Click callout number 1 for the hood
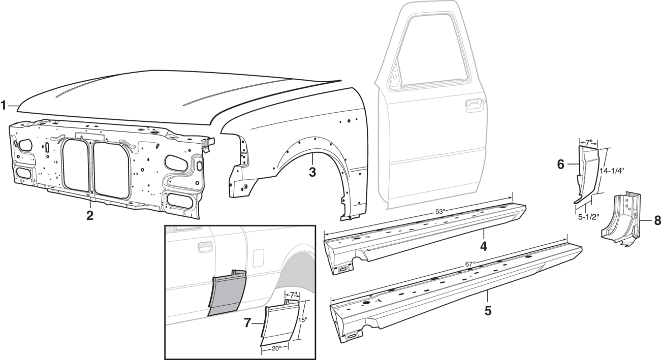pyautogui.click(x=4, y=106)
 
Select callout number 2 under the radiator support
pyautogui.click(x=89, y=215)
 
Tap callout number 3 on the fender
pyautogui.click(x=312, y=172)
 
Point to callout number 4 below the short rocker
pyautogui.click(x=484, y=247)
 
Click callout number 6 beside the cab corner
pyautogui.click(x=560, y=164)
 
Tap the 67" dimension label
pyautogui.click(x=469, y=264)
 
